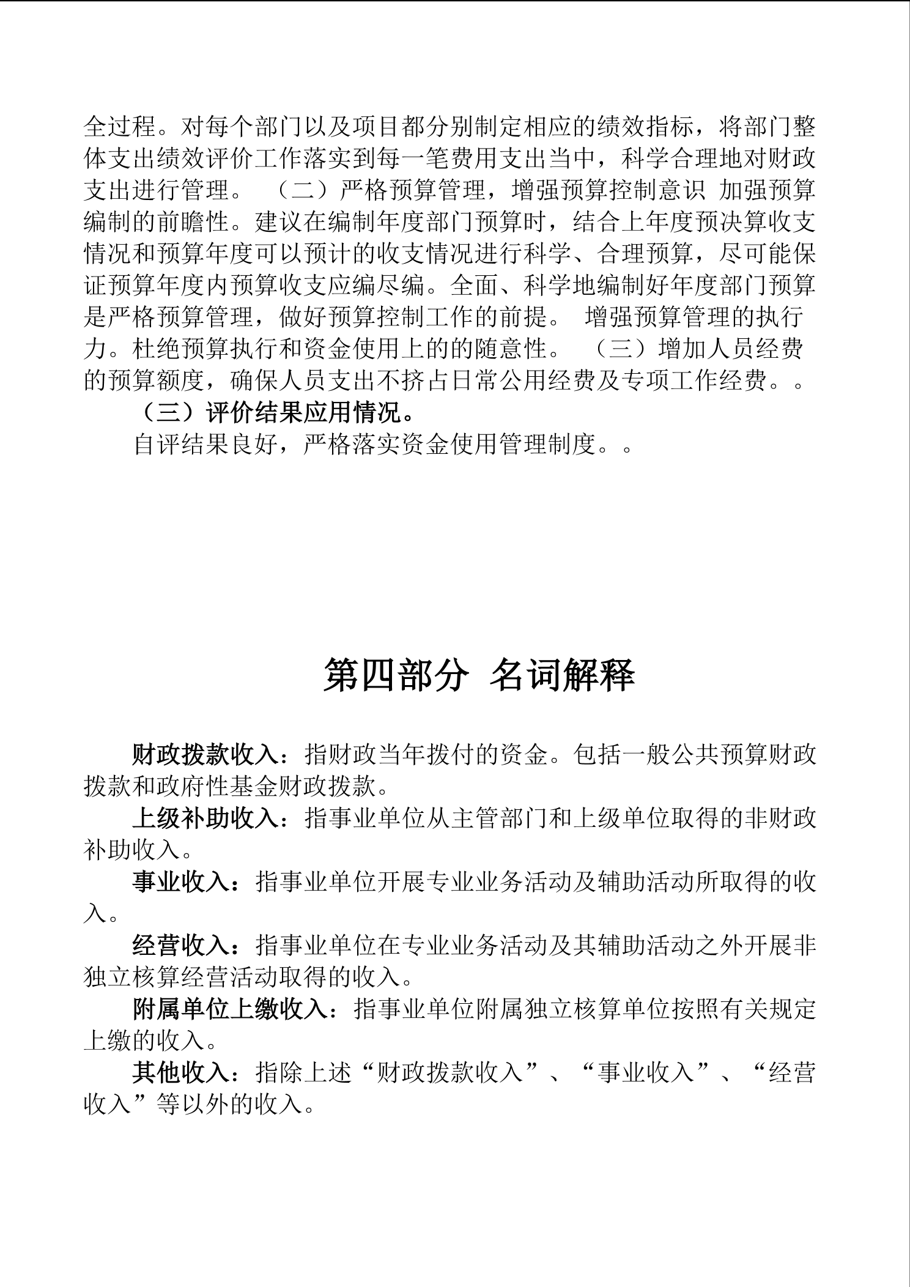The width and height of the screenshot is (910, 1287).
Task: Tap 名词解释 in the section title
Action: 562,676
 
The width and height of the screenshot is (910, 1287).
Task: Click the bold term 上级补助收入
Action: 205,818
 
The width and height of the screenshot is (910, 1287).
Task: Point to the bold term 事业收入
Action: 181,882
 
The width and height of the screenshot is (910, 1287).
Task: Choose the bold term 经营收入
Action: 181,946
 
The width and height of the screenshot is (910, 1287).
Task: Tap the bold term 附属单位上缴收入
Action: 230,1009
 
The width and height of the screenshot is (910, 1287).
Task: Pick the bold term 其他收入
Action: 181,1073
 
